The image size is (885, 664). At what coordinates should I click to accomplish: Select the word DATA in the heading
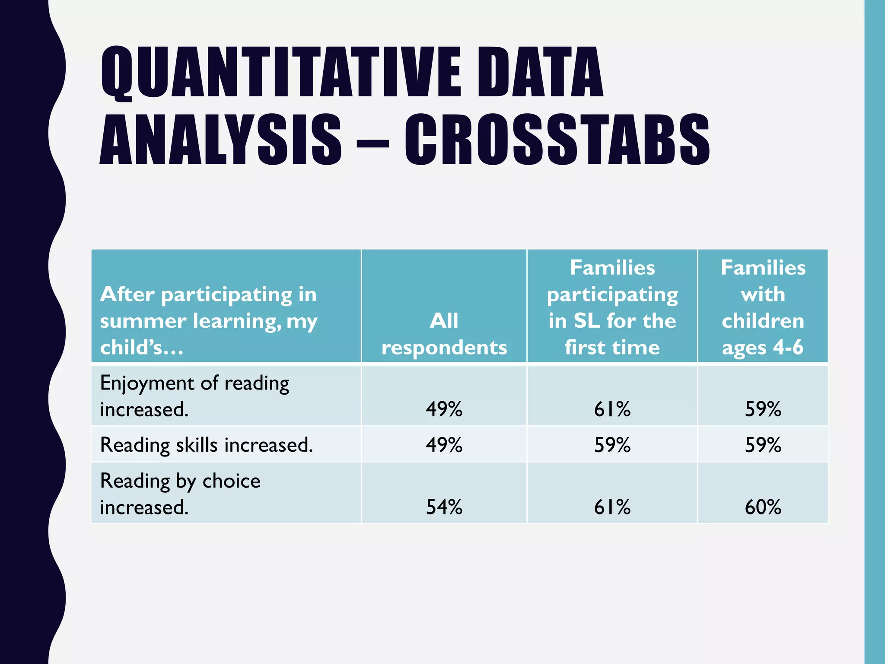540,72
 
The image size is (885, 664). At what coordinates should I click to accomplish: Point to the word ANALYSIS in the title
220,140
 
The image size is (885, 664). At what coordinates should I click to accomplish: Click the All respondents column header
444,334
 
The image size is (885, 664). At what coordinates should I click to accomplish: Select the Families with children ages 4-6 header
763,307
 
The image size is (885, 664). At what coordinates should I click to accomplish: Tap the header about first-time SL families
612,307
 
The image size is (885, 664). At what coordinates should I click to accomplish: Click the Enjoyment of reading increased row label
194,396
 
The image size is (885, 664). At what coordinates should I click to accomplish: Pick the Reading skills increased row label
206,444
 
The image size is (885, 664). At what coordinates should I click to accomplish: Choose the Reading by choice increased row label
180,493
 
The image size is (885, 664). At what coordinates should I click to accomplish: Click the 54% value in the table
444,507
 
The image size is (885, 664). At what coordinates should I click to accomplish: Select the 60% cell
763,507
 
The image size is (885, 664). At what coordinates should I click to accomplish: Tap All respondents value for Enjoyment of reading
444,409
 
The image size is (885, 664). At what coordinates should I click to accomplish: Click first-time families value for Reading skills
612,444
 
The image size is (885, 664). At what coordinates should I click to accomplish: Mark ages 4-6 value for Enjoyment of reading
763,409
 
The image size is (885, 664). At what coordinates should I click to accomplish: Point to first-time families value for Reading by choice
612,507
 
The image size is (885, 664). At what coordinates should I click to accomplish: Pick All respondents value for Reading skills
444,444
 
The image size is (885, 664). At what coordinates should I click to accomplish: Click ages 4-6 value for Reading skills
763,444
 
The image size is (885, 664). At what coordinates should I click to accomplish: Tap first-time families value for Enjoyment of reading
612,409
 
